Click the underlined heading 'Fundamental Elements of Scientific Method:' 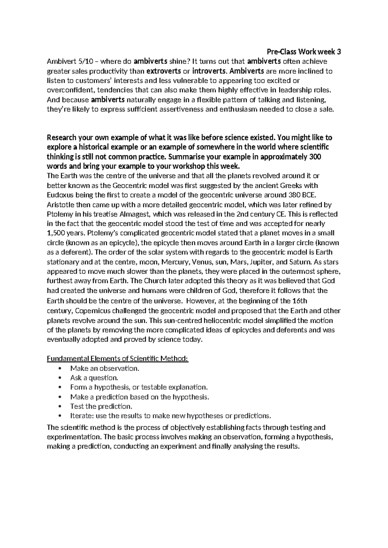(x=118, y=359)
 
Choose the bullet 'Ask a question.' (x=94, y=378)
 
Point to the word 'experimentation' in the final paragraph (x=72, y=437)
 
